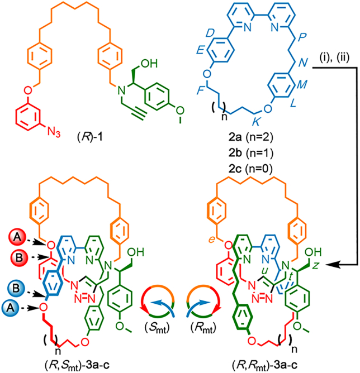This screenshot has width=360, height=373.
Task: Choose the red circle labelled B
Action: click(20, 257)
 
